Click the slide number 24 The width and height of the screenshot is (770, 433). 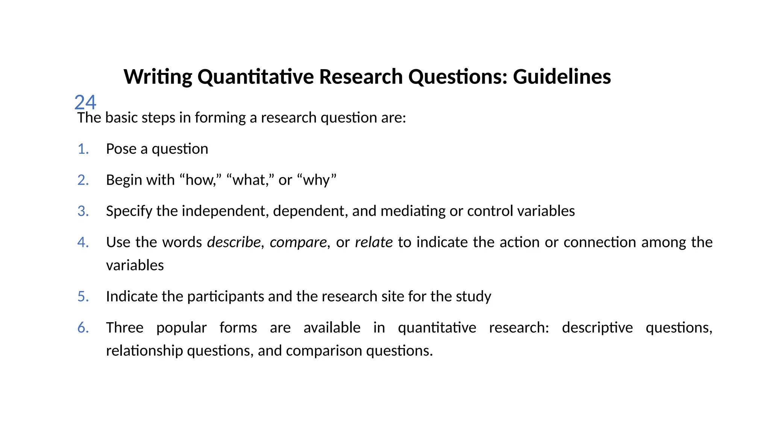(85, 102)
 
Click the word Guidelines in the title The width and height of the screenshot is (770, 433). (562, 77)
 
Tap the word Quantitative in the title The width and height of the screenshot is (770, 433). (255, 77)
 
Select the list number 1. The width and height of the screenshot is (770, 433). (83, 149)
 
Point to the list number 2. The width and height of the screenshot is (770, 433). (83, 180)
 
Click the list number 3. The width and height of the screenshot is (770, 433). (83, 211)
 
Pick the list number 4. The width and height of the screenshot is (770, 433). (83, 242)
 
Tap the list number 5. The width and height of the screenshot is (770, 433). (83, 297)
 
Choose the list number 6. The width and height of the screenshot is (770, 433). (83, 328)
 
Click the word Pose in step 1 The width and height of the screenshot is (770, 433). (121, 149)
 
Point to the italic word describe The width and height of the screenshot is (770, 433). (234, 242)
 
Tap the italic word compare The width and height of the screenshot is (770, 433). (299, 242)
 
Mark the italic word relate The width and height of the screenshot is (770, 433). (374, 242)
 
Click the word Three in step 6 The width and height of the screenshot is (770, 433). (124, 328)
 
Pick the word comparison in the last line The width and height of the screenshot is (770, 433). (324, 351)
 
